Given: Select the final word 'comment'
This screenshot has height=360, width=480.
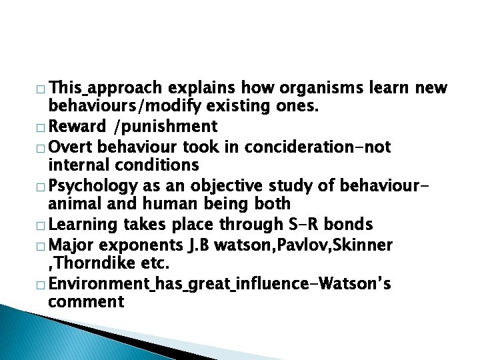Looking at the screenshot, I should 86,301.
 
